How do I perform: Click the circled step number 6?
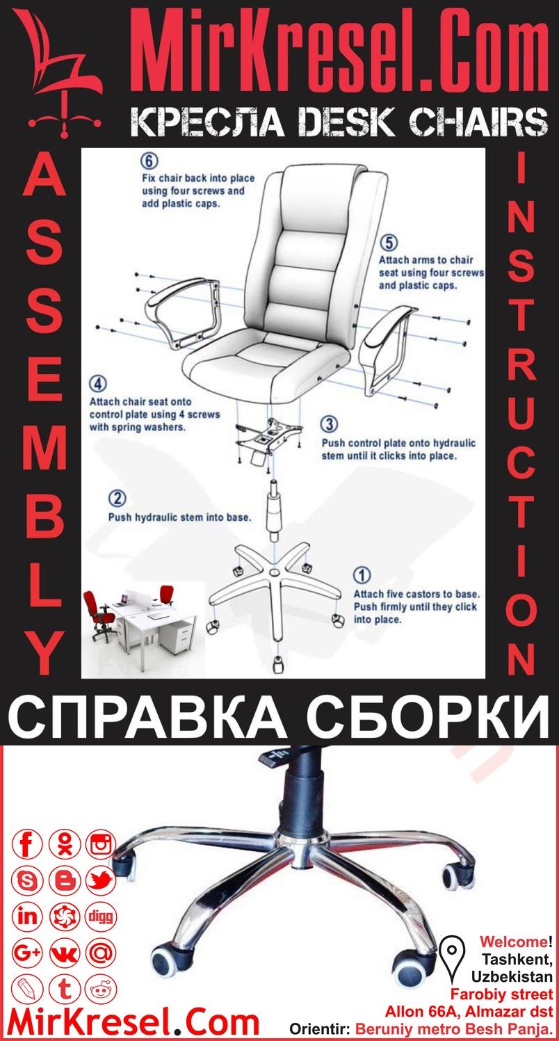click(148, 161)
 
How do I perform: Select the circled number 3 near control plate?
click(330, 423)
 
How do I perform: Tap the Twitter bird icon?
click(101, 881)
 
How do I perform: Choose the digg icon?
click(101, 916)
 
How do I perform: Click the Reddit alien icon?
click(101, 988)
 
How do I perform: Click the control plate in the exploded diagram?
click(270, 438)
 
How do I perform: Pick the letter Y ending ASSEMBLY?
click(44, 654)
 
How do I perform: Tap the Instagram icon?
click(101, 845)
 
